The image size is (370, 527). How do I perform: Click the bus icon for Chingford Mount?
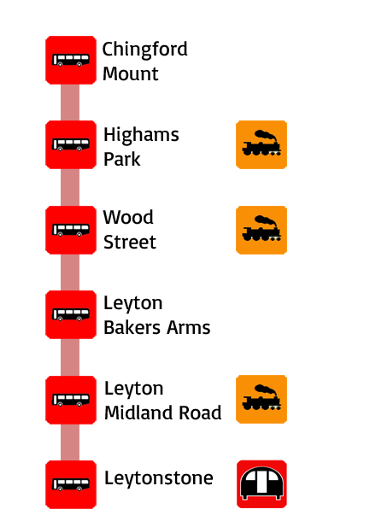pyautogui.click(x=71, y=60)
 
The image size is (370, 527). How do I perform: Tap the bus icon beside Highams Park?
pyautogui.click(x=71, y=144)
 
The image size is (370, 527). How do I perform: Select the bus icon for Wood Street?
pyautogui.click(x=71, y=230)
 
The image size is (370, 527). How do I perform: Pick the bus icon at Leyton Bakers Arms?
pyautogui.click(x=71, y=314)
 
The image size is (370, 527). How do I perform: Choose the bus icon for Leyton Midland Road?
pyautogui.click(x=71, y=400)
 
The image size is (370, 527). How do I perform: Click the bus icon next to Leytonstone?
pyautogui.click(x=71, y=484)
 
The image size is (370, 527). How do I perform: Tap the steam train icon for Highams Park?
pyautogui.click(x=261, y=144)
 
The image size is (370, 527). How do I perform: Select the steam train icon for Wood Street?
pyautogui.click(x=261, y=230)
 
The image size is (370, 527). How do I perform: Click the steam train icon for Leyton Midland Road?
pyautogui.click(x=261, y=399)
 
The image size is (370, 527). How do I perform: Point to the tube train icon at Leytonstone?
pyautogui.click(x=261, y=484)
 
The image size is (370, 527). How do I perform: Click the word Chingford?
pyautogui.click(x=144, y=50)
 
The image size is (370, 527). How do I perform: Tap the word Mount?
pyautogui.click(x=131, y=73)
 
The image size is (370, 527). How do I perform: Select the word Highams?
pyautogui.click(x=141, y=136)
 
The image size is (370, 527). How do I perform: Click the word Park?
pyautogui.click(x=121, y=159)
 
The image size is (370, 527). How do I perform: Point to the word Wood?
pyautogui.click(x=128, y=217)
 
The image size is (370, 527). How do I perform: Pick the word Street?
pyautogui.click(x=130, y=242)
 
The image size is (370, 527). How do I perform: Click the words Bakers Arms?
pyautogui.click(x=157, y=328)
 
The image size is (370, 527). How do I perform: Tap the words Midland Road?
pyautogui.click(x=163, y=413)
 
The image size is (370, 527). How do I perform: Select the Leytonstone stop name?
pyautogui.click(x=158, y=478)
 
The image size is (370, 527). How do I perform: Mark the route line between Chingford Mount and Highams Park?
pyautogui.click(x=70, y=102)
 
